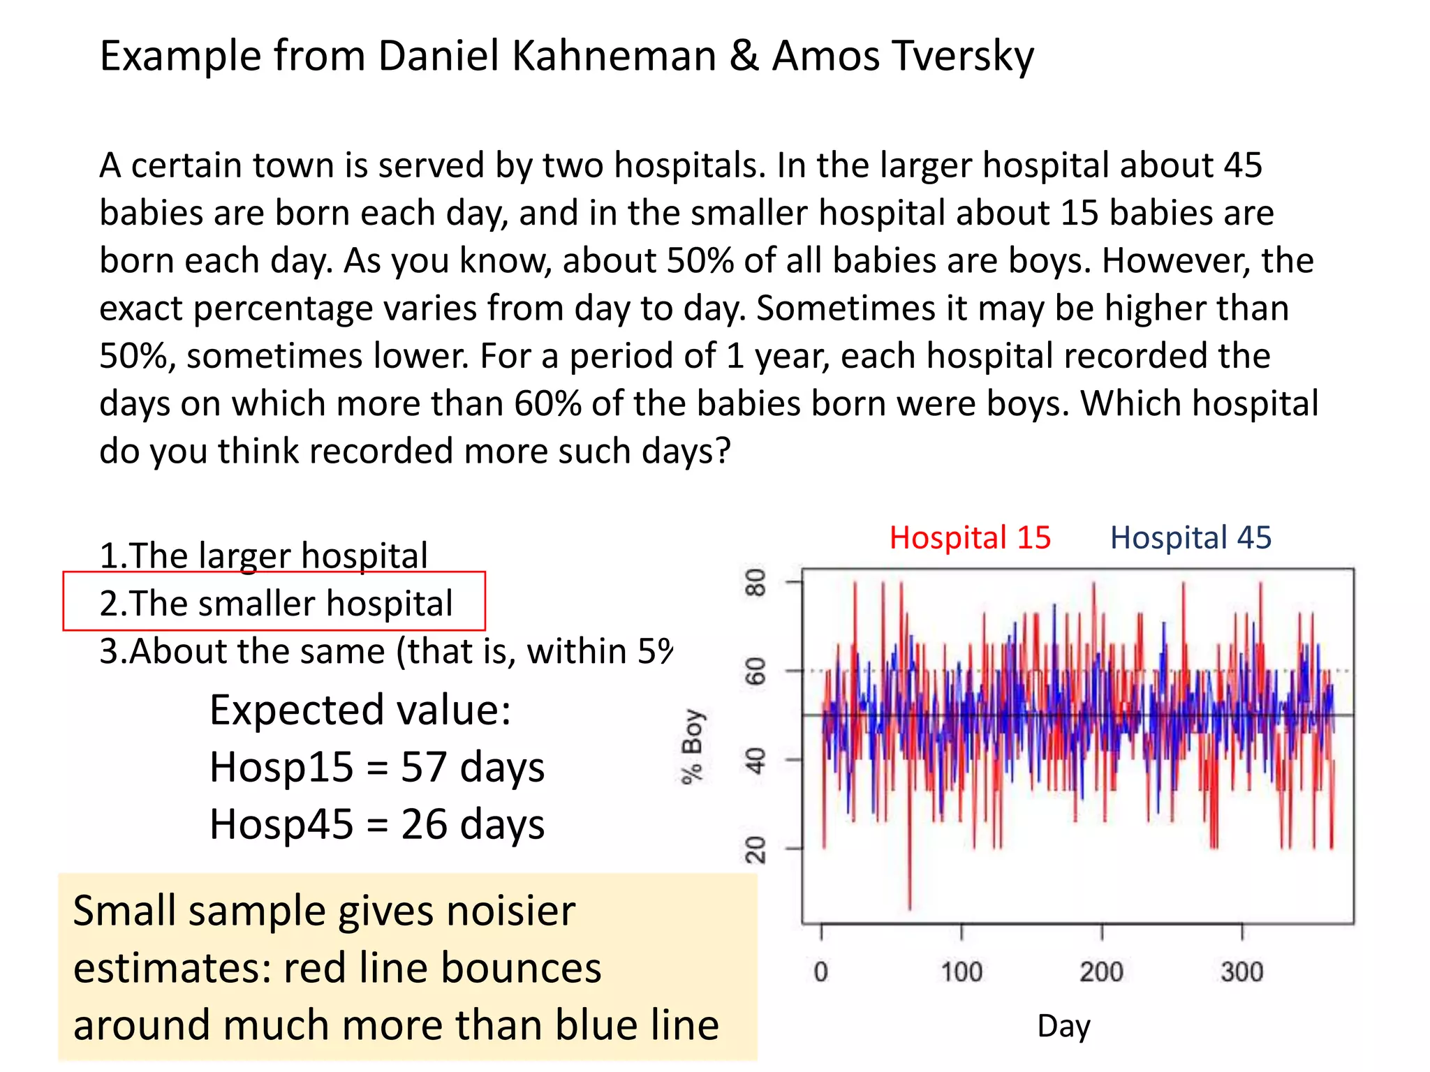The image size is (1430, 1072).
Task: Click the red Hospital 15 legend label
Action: click(x=970, y=538)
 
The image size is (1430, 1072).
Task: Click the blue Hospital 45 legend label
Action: click(x=1191, y=538)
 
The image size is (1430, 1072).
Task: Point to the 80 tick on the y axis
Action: click(x=755, y=582)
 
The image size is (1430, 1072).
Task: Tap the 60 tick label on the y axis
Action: click(x=755, y=671)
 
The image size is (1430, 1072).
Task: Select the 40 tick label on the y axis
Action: click(x=755, y=760)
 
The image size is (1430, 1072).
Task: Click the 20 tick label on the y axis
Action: click(x=755, y=849)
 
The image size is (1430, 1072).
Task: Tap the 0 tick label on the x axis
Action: click(x=821, y=971)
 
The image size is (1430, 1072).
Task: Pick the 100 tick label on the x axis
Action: click(x=961, y=971)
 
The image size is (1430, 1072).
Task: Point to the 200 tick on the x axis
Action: click(x=1102, y=971)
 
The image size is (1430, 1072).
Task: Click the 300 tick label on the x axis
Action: click(x=1242, y=971)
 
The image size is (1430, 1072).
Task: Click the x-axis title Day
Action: click(x=1063, y=1026)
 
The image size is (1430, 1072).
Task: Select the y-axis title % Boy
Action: click(x=693, y=747)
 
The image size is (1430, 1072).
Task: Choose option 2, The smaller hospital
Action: click(x=276, y=603)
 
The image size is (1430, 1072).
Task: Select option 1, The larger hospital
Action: click(x=263, y=556)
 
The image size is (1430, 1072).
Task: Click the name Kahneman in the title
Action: click(x=614, y=56)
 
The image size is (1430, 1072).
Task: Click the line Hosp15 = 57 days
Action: click(x=377, y=767)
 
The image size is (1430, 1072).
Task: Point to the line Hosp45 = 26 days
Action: click(x=377, y=824)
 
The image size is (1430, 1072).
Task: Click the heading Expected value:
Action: click(x=360, y=710)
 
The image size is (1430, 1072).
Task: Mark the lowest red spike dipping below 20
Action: click(x=910, y=904)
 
